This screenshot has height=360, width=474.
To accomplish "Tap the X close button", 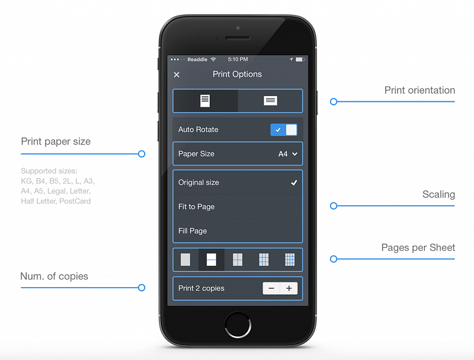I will [x=177, y=75].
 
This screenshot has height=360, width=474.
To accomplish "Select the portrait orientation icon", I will [x=205, y=101].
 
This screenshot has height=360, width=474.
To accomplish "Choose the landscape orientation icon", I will [x=270, y=101].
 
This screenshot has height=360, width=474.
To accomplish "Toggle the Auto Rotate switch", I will [x=284, y=130].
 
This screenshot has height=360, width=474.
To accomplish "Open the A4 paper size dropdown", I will [x=287, y=154].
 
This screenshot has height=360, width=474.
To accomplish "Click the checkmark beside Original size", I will [x=294, y=183].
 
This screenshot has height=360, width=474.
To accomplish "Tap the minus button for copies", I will [x=271, y=289].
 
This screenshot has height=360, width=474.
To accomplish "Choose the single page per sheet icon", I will [x=185, y=260].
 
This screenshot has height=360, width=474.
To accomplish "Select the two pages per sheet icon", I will [x=212, y=260].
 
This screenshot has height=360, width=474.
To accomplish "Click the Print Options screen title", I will [x=237, y=75].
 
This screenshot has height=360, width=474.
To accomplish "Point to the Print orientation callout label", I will [x=419, y=91].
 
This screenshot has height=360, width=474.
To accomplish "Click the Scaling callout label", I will [x=438, y=195].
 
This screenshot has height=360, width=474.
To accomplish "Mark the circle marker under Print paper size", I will [x=142, y=154].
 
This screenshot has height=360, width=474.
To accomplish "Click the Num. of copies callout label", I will [x=54, y=276].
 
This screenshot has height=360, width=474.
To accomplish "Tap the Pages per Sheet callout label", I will [x=418, y=248].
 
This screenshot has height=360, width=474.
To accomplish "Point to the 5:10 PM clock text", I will [x=238, y=60].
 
